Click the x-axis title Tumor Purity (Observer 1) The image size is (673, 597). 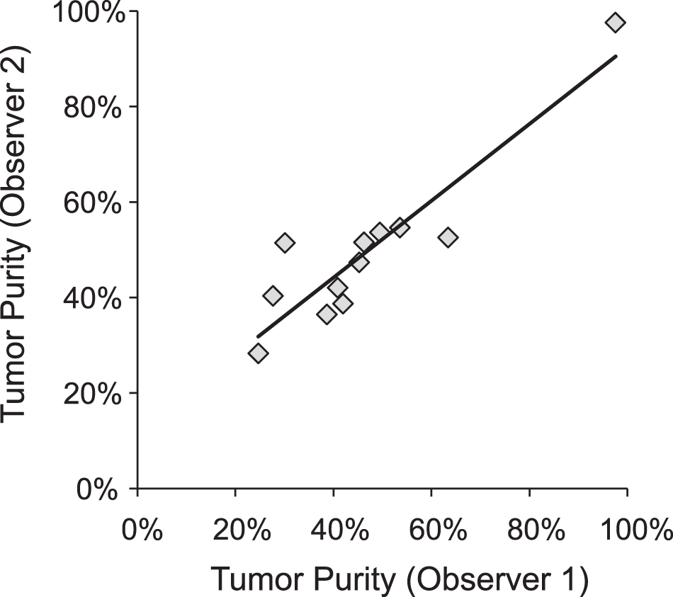pyautogui.click(x=400, y=579)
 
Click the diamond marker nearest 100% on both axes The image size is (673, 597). pyautogui.click(x=615, y=23)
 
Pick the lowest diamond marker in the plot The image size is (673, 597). pyautogui.click(x=258, y=353)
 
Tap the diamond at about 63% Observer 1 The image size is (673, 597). pyautogui.click(x=448, y=237)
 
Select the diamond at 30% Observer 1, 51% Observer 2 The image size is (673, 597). pyautogui.click(x=284, y=243)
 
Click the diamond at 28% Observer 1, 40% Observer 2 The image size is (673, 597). pyautogui.click(x=273, y=295)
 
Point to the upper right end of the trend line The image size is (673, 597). pyautogui.click(x=616, y=56)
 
